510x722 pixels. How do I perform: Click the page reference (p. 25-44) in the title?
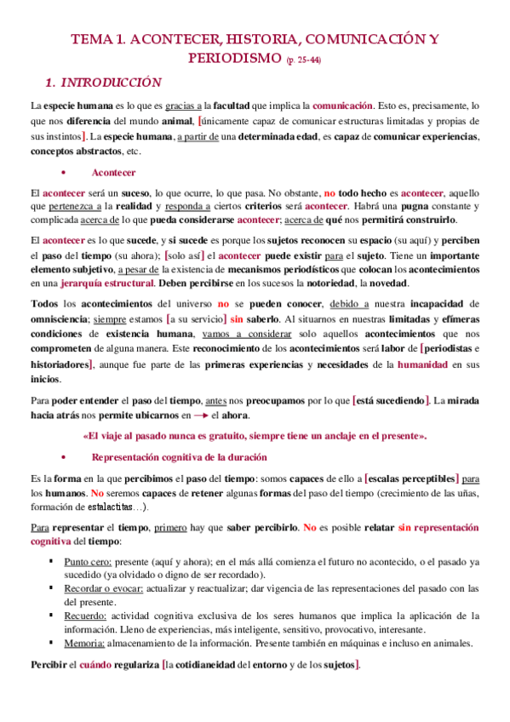point(304,60)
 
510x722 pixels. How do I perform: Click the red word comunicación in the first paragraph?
point(342,106)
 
